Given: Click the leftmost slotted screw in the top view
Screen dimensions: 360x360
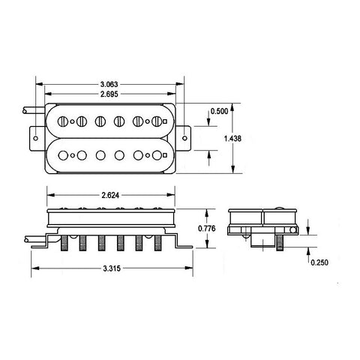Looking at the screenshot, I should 63,120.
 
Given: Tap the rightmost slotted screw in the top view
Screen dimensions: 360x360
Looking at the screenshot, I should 159,120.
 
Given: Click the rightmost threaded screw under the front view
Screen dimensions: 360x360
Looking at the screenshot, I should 157,244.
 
